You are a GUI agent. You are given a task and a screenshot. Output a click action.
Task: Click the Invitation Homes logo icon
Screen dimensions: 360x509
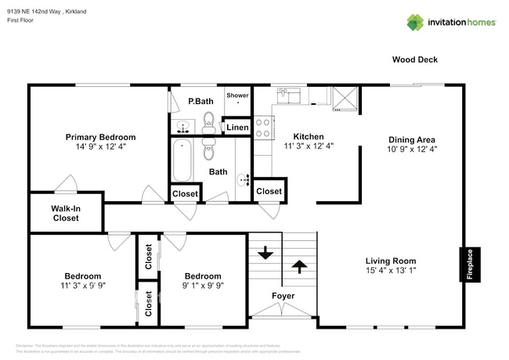click(x=414, y=22)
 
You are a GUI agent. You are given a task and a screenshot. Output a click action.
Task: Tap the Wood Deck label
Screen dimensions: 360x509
click(x=415, y=59)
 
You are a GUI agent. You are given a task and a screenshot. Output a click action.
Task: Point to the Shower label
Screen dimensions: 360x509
click(x=237, y=95)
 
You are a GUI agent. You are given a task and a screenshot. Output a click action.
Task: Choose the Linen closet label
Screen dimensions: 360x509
click(x=237, y=127)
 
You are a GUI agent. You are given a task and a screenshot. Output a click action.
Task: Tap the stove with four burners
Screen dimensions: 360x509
click(x=262, y=126)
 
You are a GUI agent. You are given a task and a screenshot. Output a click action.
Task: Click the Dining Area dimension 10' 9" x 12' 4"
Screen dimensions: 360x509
click(x=412, y=149)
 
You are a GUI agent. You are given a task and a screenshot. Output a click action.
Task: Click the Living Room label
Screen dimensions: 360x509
click(x=391, y=261)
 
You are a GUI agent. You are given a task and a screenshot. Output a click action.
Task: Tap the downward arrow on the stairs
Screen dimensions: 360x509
click(x=264, y=253)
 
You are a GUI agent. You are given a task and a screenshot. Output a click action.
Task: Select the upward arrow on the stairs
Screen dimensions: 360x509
click(x=298, y=267)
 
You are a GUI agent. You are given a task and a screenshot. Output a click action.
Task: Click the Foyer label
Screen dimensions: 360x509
click(x=283, y=296)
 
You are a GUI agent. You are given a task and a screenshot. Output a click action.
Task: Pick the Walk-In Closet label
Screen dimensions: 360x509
click(x=66, y=214)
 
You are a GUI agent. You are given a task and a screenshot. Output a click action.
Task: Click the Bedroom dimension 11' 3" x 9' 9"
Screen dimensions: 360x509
click(x=82, y=286)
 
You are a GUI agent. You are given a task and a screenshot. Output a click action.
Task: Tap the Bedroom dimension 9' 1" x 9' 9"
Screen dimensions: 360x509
click(x=202, y=286)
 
